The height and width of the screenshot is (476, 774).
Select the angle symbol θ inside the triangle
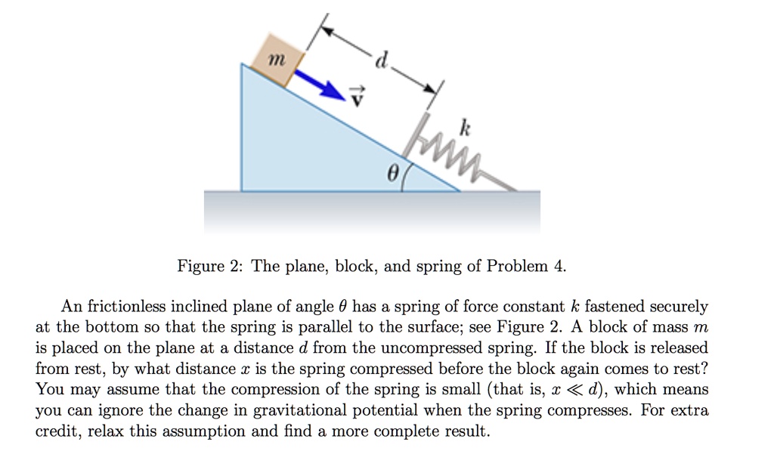click(391, 172)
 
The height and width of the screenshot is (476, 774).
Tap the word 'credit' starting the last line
click(56, 432)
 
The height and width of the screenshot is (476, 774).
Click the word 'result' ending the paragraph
click(467, 432)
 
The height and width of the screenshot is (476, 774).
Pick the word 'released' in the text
click(678, 348)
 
